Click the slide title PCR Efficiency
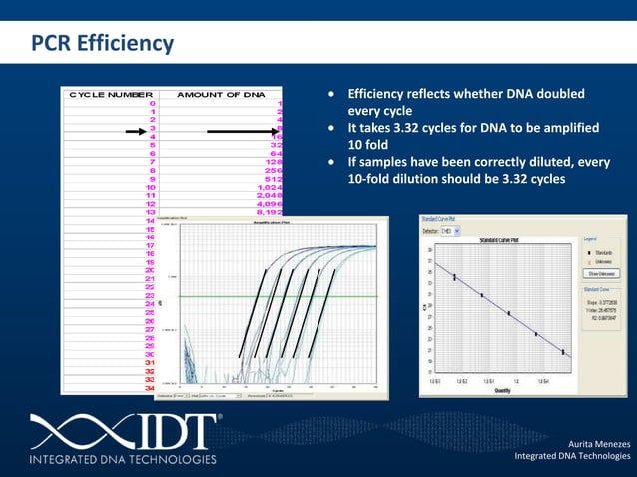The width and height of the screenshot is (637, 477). [x=102, y=44]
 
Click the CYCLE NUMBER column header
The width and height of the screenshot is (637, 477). [x=110, y=94]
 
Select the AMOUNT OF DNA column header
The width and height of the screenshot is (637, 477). [x=221, y=94]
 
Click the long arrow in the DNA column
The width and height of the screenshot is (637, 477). [x=246, y=130]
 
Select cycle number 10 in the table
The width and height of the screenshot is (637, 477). [x=150, y=187]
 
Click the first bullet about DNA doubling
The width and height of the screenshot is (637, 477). [x=464, y=102]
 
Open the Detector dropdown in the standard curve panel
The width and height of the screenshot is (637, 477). [x=458, y=230]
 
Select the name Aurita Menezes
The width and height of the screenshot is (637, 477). [x=599, y=441]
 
